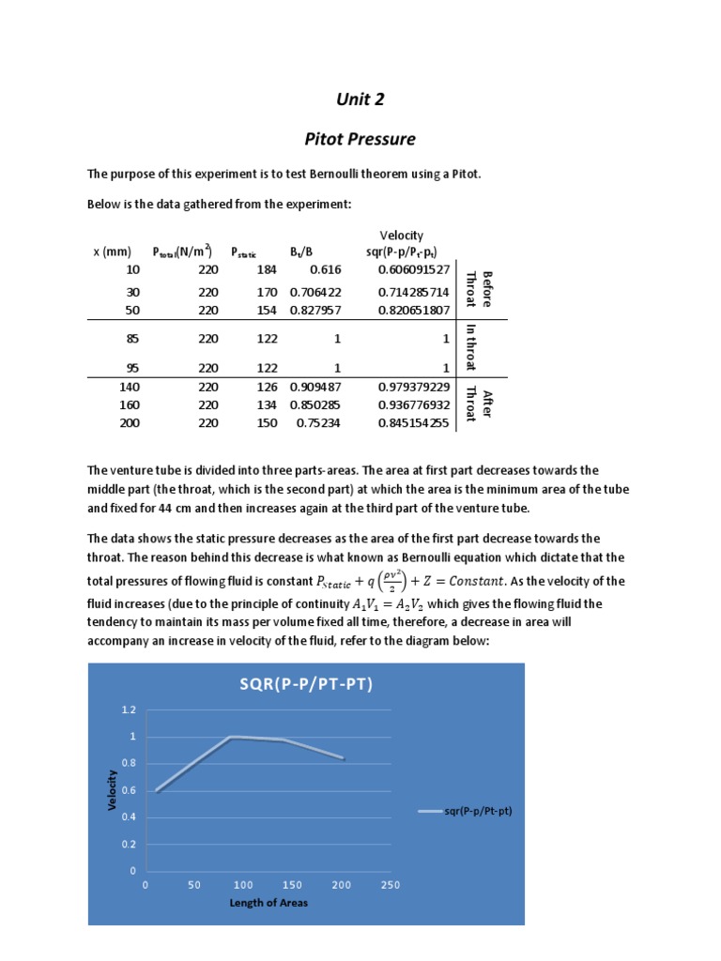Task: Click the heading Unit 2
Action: point(360,99)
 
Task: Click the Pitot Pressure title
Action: point(360,139)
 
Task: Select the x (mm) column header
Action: point(112,252)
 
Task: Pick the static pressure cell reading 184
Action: point(268,269)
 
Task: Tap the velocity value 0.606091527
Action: point(414,269)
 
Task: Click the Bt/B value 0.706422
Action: point(314,292)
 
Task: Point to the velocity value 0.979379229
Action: point(414,387)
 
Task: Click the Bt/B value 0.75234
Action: point(318,423)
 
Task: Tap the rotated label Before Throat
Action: point(479,288)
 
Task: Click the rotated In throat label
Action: point(471,347)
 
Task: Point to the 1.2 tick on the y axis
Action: point(129,710)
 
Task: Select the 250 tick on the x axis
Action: point(391,884)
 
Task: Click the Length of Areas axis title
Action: point(268,903)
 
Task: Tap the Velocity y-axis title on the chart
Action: point(113,790)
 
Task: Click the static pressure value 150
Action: point(268,423)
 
